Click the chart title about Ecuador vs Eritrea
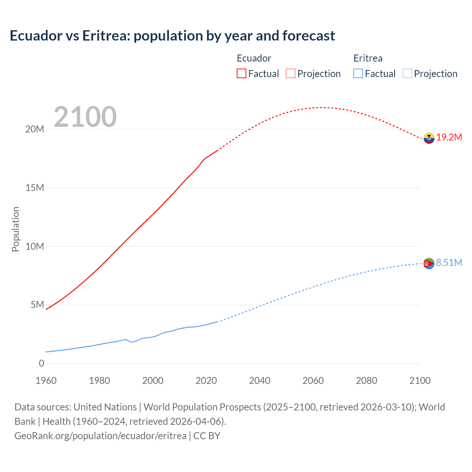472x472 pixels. point(172,36)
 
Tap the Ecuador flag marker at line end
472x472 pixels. point(429,138)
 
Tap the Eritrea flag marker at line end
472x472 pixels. point(429,263)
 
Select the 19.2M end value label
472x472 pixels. point(449,138)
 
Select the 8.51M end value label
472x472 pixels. point(449,263)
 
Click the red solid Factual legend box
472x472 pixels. point(242,73)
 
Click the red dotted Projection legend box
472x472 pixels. point(291,73)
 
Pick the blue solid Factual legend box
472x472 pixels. point(358,73)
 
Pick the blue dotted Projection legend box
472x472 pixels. point(407,73)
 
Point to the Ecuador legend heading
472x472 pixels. point(254,58)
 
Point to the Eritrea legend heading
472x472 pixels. point(368,58)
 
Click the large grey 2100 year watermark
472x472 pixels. point(85,117)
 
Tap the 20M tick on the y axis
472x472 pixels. point(35,129)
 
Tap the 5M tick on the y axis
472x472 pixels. point(37,305)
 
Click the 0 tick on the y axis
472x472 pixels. point(41,363)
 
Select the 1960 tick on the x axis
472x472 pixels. point(46,381)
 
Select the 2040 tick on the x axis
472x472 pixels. point(260,381)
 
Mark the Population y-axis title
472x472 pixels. point(15,229)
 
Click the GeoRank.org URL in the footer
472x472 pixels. point(100,435)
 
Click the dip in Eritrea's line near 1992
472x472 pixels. point(131,342)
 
